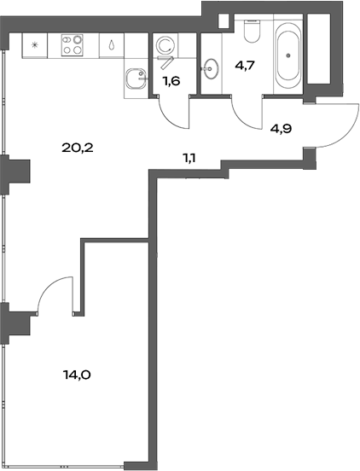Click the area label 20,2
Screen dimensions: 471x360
coord(77,147)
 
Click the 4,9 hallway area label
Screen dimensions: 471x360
coord(282,130)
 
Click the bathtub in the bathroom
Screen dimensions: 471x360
coord(287,57)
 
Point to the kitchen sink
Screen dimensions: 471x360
coord(133,81)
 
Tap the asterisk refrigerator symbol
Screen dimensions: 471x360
coord(35,44)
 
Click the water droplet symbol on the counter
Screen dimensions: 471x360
coord(113,45)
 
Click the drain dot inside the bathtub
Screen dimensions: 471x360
coord(287,58)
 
